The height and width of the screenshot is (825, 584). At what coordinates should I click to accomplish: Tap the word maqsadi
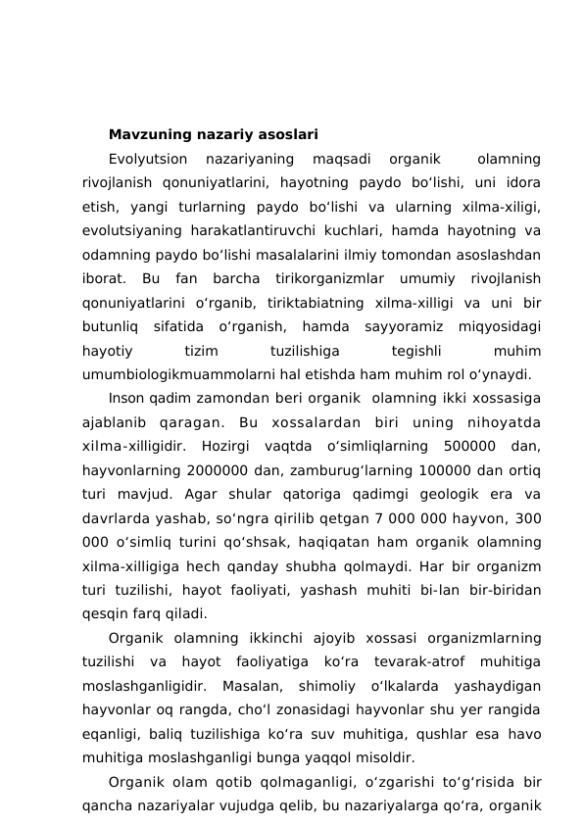(340, 158)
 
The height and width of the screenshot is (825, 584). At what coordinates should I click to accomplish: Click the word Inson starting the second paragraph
(126, 398)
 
